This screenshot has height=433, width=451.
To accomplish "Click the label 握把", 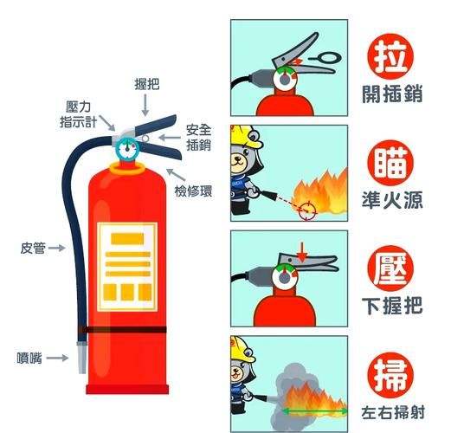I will (x=146, y=83).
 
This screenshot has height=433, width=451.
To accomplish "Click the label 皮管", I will (x=33, y=249).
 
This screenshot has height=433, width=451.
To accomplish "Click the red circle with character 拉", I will (x=390, y=55).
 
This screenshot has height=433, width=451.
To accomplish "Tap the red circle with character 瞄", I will (x=390, y=162).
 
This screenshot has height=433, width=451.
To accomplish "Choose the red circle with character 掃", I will (x=390, y=372).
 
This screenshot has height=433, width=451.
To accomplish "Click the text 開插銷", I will (x=391, y=94).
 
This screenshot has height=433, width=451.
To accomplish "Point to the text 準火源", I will (x=391, y=200).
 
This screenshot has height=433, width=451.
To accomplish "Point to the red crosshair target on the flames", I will (x=304, y=208).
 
